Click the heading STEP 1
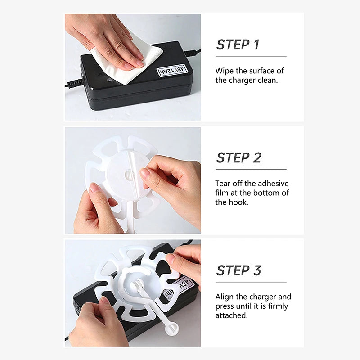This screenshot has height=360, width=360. tap(238, 45)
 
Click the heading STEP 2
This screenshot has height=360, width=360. tap(238, 158)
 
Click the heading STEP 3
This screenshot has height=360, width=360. tap(238, 270)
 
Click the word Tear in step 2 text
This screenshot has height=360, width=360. tap(223, 184)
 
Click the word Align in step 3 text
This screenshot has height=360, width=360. tap(225, 297)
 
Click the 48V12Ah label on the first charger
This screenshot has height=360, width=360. tap(175, 70)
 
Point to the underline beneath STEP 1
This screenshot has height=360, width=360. tap(251, 56)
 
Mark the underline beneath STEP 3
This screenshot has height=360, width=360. tap(251, 282)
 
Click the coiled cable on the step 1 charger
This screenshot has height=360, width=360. tap(74, 84)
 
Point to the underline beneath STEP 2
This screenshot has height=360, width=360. tap(251, 169)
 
